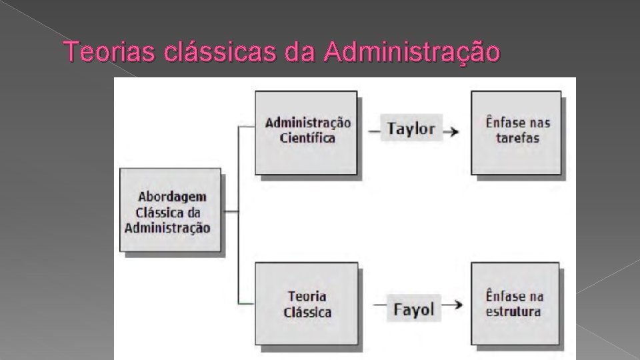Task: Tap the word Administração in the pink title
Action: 411,51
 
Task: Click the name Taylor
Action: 411,129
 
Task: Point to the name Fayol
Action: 413,309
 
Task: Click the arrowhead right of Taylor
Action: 453,131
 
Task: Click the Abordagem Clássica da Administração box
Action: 171,209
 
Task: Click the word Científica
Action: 308,139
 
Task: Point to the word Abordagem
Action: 172,197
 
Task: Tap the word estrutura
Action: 513,311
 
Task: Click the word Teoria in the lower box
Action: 307,296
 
